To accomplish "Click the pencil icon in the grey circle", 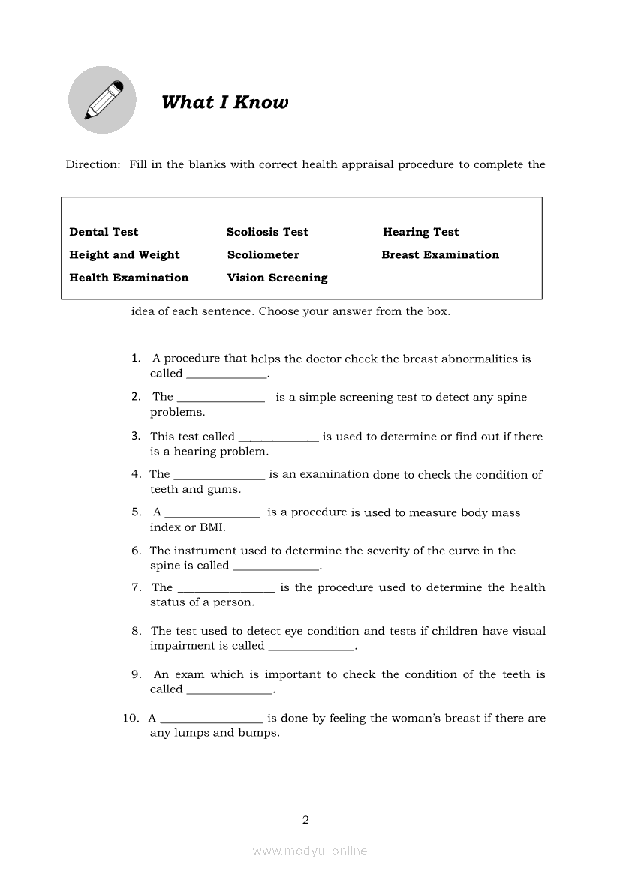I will click(x=103, y=100).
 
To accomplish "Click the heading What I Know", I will click(x=224, y=102).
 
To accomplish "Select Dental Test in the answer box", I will click(x=104, y=232).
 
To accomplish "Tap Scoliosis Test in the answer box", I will click(x=267, y=232).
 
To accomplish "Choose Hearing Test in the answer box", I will click(x=420, y=232).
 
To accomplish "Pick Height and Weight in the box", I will click(x=125, y=254).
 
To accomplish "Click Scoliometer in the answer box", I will click(x=263, y=254).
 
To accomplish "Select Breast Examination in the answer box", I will click(x=440, y=254).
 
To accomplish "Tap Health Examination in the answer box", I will click(x=129, y=278).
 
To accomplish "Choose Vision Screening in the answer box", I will click(x=277, y=278).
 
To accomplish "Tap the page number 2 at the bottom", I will click(x=305, y=820).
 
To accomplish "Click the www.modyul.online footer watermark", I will click(x=310, y=851).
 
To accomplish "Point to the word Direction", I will click(x=92, y=164).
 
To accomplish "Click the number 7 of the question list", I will click(x=136, y=587).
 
